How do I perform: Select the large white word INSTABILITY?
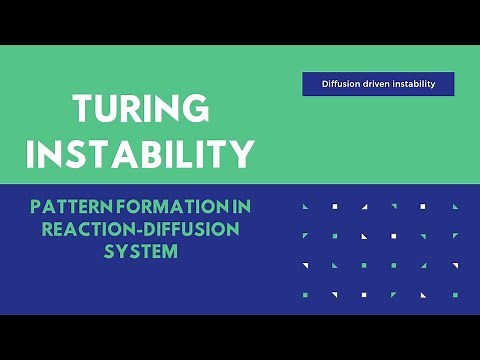tap(140, 153)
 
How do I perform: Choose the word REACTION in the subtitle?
tap(85, 229)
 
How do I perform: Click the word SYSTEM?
tap(140, 251)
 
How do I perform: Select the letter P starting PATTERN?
tap(36, 207)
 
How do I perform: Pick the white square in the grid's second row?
tap(394, 236)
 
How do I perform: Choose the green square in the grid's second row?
tap(334, 236)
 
